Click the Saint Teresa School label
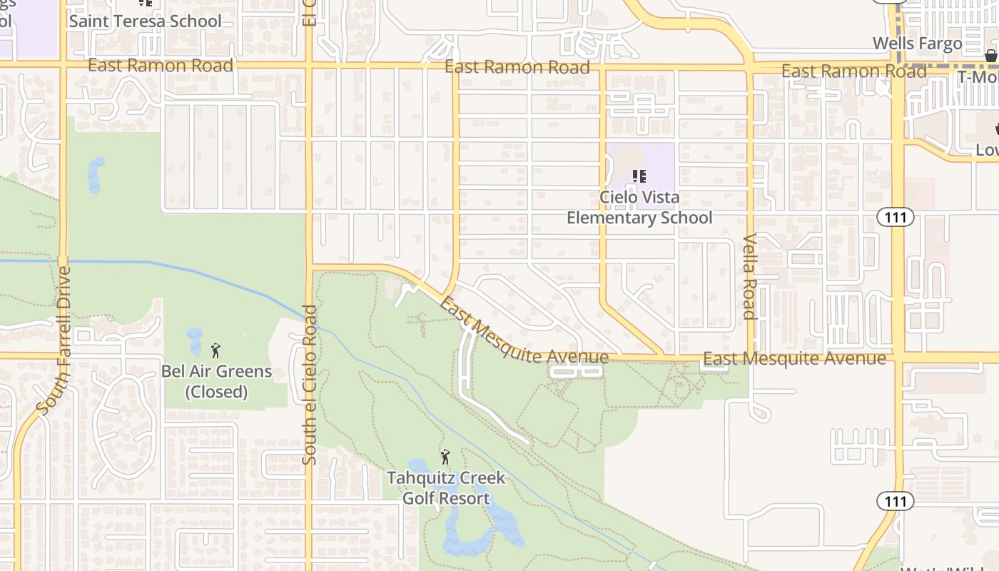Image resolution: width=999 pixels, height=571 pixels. pyautogui.click(x=146, y=21)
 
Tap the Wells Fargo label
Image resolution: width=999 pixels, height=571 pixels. pyautogui.click(x=918, y=44)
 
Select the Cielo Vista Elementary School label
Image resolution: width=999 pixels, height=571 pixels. pyautogui.click(x=639, y=207)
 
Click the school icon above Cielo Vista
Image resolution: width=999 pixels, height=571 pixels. pyautogui.click(x=639, y=176)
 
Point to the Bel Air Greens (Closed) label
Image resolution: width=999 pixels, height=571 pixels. pyautogui.click(x=216, y=381)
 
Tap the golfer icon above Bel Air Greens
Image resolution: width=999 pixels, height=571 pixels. pyautogui.click(x=215, y=350)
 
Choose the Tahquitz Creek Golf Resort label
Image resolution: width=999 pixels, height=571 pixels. pyautogui.click(x=446, y=487)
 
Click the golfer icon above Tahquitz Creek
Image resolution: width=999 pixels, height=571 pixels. pyautogui.click(x=445, y=456)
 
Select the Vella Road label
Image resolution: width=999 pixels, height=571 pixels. pyautogui.click(x=749, y=276)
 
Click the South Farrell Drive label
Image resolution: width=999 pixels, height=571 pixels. pyautogui.click(x=54, y=340)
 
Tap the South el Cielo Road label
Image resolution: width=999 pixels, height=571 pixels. pyautogui.click(x=310, y=385)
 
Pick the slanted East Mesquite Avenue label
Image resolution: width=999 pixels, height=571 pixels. pyautogui.click(x=523, y=332)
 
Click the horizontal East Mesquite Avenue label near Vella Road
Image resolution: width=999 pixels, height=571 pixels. pyautogui.click(x=794, y=358)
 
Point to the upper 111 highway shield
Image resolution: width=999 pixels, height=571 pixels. pyautogui.click(x=896, y=218)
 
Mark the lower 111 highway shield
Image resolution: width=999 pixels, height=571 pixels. pyautogui.click(x=895, y=501)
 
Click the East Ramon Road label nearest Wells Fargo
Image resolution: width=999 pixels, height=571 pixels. pyautogui.click(x=853, y=71)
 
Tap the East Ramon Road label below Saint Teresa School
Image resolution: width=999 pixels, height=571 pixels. pyautogui.click(x=161, y=66)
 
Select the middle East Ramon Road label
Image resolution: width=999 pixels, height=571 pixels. pyautogui.click(x=517, y=67)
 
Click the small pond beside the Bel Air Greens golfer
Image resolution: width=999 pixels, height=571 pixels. pyautogui.click(x=194, y=341)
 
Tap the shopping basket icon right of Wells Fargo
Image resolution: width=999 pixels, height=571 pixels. pyautogui.click(x=990, y=56)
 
